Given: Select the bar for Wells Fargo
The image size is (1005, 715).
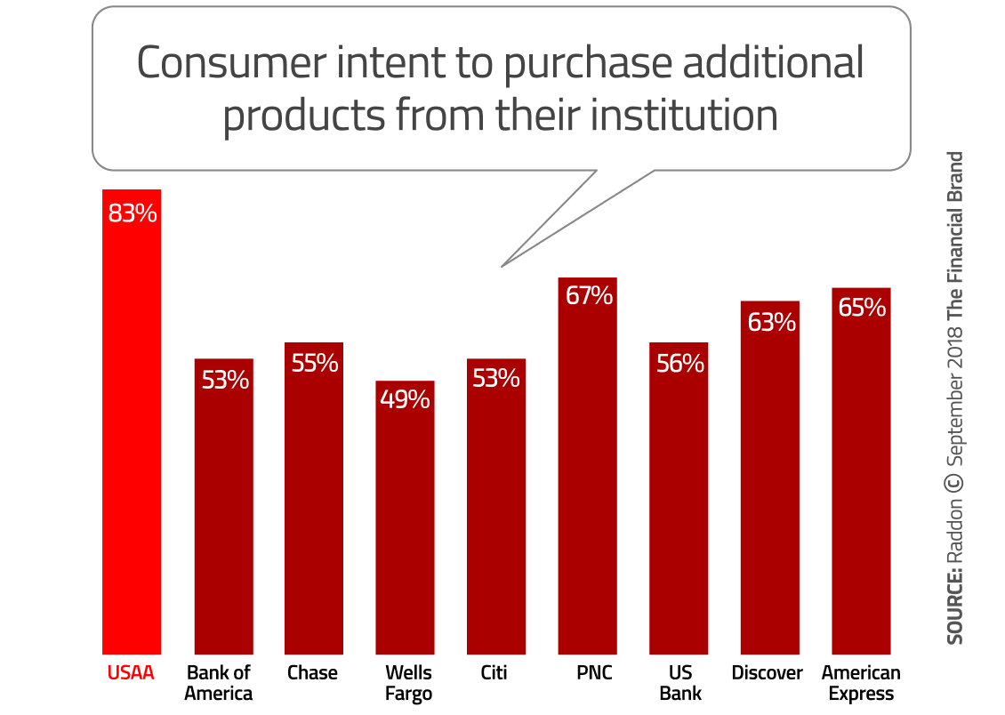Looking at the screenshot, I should pos(405,525).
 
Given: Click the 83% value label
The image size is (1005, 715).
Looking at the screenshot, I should pos(132,213).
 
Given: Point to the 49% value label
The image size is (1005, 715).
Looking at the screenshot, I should pos(405,399).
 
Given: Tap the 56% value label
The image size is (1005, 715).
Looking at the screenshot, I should pos(679,364).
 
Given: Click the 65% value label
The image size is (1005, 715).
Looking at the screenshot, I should pos(861,308).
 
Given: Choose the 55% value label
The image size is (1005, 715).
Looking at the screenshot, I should pos(313,363).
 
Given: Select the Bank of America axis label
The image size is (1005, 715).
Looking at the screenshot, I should pos(219,683).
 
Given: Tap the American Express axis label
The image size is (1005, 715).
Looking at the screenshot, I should pos(861,683).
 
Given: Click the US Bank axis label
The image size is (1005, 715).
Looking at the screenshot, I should pos(679,683).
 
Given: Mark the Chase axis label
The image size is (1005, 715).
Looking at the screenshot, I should pos(312,673).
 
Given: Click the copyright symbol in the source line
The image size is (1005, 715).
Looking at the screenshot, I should pos(954,482).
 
